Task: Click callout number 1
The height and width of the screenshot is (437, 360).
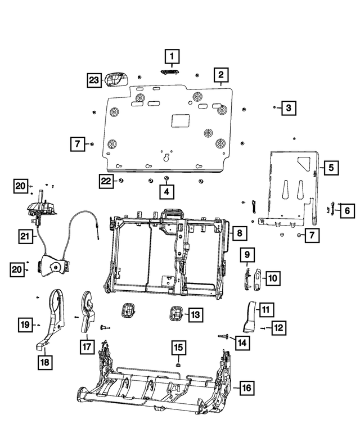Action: coord(172,56)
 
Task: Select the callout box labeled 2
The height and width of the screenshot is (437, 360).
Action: coord(221,75)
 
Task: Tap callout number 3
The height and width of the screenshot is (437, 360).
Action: coord(288,107)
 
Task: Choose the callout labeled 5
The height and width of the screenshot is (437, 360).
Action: coord(331,167)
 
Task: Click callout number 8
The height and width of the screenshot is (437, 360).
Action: coord(238,232)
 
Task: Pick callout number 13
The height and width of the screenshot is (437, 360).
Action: coord(194,316)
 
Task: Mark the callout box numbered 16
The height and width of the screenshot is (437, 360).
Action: coord(245,387)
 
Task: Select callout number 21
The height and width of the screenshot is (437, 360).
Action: coord(24,237)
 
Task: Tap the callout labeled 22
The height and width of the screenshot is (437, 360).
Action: coord(105,181)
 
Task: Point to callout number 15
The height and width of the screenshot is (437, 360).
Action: coord(178,348)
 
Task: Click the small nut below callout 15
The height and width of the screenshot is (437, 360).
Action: coord(178,364)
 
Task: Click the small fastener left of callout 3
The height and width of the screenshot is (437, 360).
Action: coord(274,107)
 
